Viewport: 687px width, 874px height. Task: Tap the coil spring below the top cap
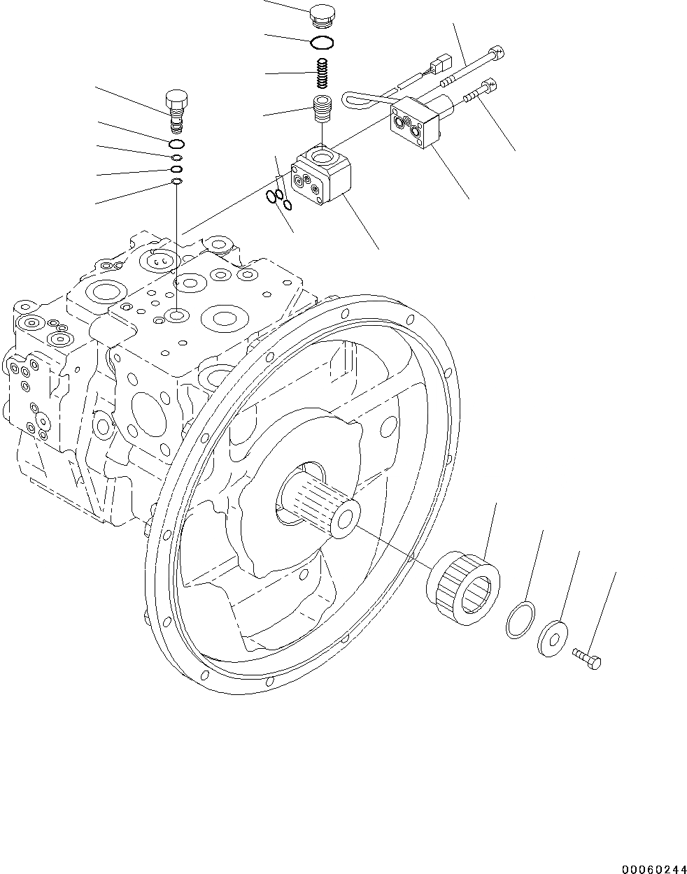click(x=322, y=72)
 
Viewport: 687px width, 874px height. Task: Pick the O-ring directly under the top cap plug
click(x=322, y=43)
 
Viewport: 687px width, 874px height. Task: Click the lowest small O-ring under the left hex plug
click(x=177, y=182)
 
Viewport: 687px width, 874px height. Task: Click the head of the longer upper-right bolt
click(x=497, y=52)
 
